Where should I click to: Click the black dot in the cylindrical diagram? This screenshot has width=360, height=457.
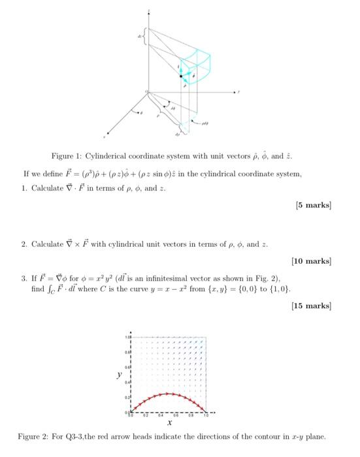[x=183, y=76]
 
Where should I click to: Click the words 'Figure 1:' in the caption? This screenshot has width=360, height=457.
[x=68, y=157]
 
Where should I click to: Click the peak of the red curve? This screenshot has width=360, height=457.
[x=169, y=394]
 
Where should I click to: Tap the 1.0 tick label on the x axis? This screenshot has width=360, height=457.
[x=205, y=415]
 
